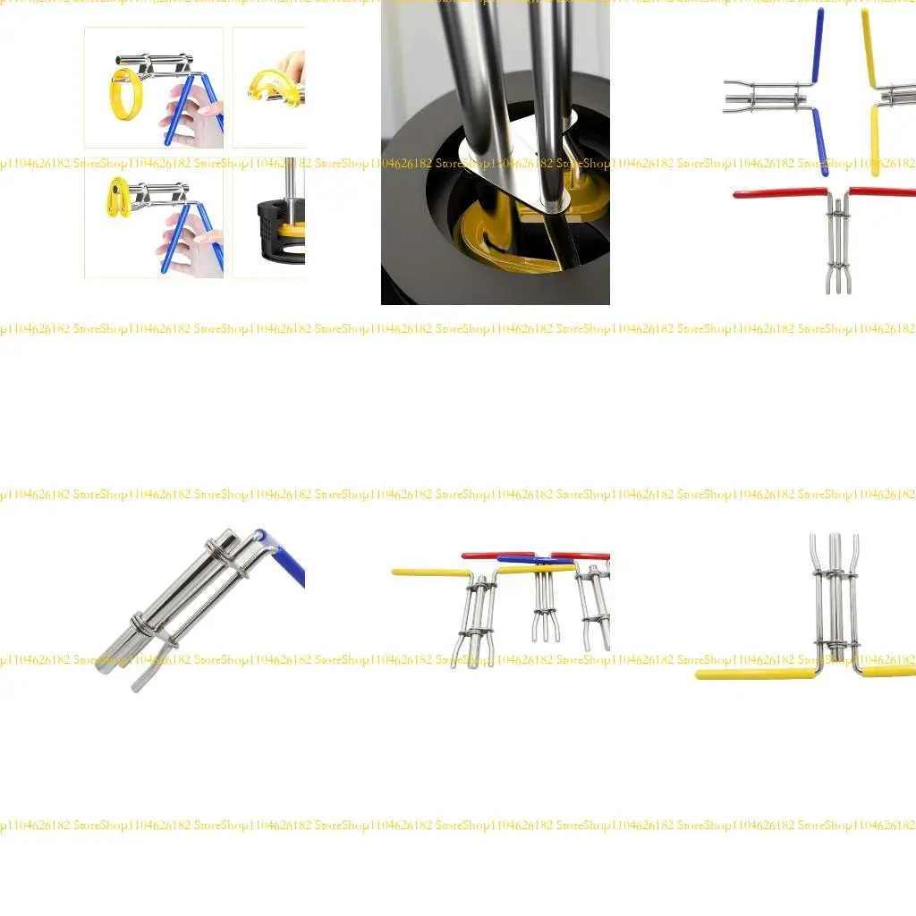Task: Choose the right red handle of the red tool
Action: pyautogui.click(x=882, y=191)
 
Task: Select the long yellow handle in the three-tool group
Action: pyautogui.click(x=430, y=572)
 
